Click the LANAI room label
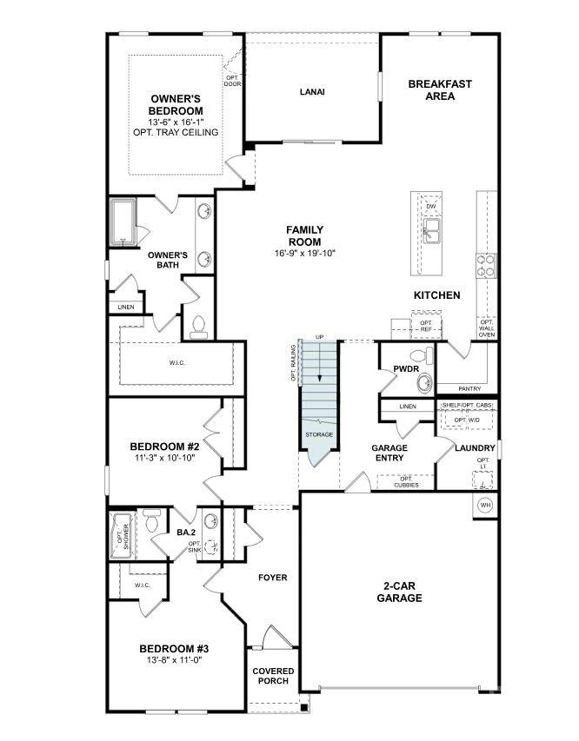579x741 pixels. click(x=312, y=91)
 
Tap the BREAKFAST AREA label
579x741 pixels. click(x=440, y=89)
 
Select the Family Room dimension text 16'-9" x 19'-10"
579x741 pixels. click(x=304, y=254)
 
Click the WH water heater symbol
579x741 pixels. click(x=485, y=505)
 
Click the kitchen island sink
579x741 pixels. click(x=431, y=230)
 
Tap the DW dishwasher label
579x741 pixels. click(x=430, y=206)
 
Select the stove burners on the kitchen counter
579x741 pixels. click(x=485, y=263)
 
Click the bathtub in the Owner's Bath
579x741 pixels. click(x=123, y=222)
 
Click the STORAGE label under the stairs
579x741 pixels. click(x=318, y=434)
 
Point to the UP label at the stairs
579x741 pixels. click(x=319, y=337)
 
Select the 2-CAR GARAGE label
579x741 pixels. click(x=400, y=592)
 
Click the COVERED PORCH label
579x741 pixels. click(x=273, y=675)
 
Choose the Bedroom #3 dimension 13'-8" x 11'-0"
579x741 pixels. click(x=174, y=661)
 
